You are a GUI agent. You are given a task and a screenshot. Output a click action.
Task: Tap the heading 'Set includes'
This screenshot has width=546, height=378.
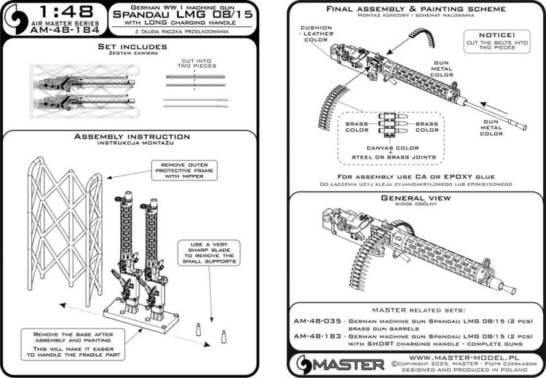[132, 47]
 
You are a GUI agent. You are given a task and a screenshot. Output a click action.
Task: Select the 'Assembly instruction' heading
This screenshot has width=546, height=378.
[132, 136]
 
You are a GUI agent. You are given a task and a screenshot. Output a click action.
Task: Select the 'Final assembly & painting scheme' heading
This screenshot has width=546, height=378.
[408, 9]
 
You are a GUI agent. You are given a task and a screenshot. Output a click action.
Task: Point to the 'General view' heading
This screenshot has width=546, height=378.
[407, 199]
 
